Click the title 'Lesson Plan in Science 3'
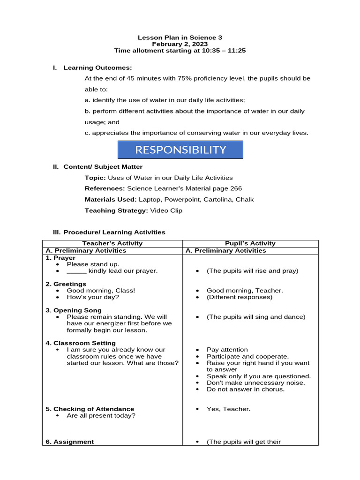(x=180, y=37)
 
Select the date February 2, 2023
(x=180, y=44)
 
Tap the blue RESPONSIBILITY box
(x=180, y=150)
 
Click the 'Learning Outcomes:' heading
(x=97, y=67)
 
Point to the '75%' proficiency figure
(x=184, y=78)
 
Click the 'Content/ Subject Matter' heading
(x=103, y=166)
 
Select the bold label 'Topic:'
(x=95, y=178)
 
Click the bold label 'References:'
(x=105, y=188)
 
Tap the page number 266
(x=236, y=188)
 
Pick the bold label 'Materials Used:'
(x=111, y=199)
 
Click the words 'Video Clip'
(x=166, y=210)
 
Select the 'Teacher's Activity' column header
(x=112, y=243)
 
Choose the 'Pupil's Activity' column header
(x=250, y=243)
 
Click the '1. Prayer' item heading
(x=60, y=258)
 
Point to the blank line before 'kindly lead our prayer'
(x=76, y=271)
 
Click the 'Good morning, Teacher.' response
(x=245, y=291)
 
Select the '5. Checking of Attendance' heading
(x=90, y=409)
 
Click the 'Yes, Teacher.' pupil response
(x=228, y=409)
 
